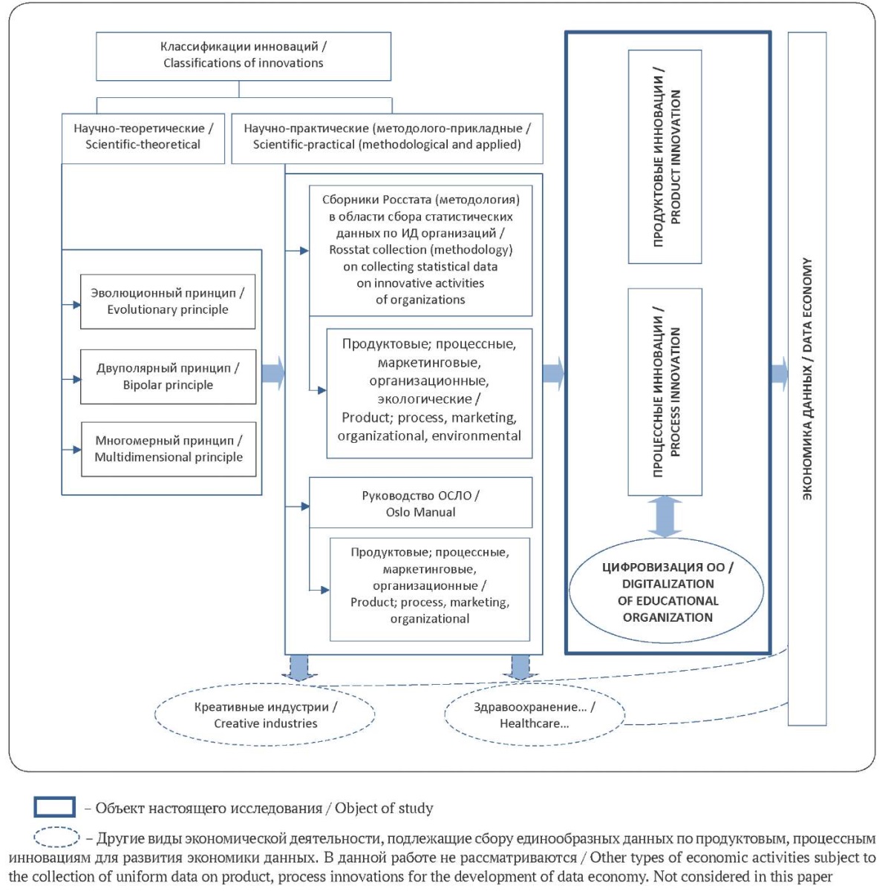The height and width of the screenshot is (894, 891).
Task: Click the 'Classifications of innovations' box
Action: point(244,56)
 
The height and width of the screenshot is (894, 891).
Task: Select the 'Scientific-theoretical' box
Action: point(143,138)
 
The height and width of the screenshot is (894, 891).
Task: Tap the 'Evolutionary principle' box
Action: point(168,301)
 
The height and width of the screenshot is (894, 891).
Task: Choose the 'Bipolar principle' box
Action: point(168,377)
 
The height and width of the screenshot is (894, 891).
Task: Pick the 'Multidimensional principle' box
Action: point(169,449)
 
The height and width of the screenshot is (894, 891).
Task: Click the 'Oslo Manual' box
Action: point(421,502)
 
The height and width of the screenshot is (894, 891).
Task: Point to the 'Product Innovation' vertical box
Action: point(665,157)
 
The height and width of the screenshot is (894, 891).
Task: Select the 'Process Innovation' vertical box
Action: point(665,392)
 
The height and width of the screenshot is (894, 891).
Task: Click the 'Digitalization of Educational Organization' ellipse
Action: point(666,591)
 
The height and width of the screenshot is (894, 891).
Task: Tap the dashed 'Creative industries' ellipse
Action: point(264,715)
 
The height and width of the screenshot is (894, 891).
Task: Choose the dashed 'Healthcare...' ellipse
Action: point(535,714)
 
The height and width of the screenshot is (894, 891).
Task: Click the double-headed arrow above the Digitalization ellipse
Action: point(665,517)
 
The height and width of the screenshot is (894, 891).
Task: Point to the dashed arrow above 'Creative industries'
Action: point(299,668)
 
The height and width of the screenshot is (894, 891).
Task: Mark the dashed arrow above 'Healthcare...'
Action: point(520,668)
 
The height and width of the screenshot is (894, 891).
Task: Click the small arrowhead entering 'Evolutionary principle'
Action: point(77,305)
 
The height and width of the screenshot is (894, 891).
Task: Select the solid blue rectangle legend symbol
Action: point(55,806)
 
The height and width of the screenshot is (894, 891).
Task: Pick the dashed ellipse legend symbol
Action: point(56,838)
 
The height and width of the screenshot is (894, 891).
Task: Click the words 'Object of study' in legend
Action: point(384,808)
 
